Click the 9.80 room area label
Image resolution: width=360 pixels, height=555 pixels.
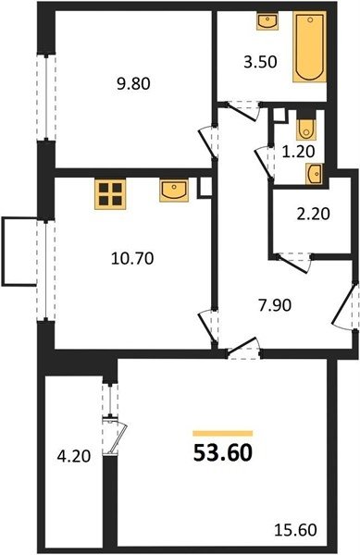click(x=134, y=84)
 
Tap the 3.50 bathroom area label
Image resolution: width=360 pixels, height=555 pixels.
click(x=260, y=62)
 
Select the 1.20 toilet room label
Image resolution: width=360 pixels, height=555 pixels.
click(x=298, y=152)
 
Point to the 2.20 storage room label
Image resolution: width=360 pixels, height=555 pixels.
click(x=314, y=214)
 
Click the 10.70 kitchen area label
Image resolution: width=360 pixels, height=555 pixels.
click(x=132, y=259)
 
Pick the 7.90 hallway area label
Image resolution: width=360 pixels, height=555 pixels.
click(x=275, y=305)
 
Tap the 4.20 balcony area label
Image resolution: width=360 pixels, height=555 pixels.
click(x=74, y=456)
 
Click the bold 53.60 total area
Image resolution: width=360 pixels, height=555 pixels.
click(x=223, y=453)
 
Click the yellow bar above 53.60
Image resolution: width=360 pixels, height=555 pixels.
click(x=223, y=433)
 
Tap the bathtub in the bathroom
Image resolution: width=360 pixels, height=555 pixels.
click(x=309, y=47)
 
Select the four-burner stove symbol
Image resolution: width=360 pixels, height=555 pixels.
click(x=110, y=194)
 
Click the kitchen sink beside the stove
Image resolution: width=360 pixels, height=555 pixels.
click(x=174, y=190)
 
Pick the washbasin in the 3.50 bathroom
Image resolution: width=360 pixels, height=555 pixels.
click(x=267, y=21)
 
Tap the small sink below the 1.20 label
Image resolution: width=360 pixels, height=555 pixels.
click(x=315, y=175)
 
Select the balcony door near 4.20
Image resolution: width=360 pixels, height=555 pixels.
click(x=116, y=438)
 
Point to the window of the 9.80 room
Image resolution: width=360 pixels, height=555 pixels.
click(x=46, y=97)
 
